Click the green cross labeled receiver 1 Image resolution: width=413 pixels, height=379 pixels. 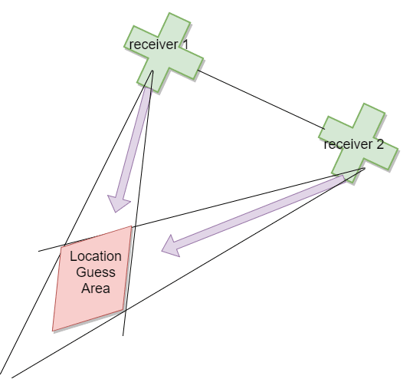click(x=163, y=53)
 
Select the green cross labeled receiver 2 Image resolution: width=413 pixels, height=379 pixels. click(x=359, y=143)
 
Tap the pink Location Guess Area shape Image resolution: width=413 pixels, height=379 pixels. click(x=92, y=278)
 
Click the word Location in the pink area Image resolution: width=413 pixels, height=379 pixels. click(x=96, y=256)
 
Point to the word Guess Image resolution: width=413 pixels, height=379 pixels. click(x=96, y=272)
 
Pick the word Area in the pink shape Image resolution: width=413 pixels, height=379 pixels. click(x=96, y=288)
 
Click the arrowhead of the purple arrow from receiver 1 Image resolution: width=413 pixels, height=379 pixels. click(x=118, y=203)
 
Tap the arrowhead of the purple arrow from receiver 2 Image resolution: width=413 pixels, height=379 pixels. click(x=171, y=246)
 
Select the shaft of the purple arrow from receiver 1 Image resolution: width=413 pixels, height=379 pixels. click(x=135, y=143)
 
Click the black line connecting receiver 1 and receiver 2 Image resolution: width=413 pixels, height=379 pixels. click(x=261, y=100)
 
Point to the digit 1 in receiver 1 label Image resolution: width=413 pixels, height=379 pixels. click(x=185, y=44)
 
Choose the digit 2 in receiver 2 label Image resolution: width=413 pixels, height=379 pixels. click(x=379, y=144)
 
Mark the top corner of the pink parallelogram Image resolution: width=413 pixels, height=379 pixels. click(x=131, y=226)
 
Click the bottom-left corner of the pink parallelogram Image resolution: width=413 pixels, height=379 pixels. click(x=53, y=331)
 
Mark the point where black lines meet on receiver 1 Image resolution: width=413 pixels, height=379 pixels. click(x=152, y=71)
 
